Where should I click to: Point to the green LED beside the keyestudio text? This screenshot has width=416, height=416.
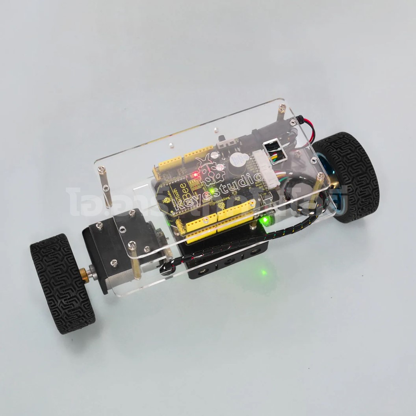click(x=212, y=192)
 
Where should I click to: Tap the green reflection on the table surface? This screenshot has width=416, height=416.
click(x=263, y=272)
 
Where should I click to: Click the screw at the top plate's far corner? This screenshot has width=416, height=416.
click(x=282, y=107)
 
